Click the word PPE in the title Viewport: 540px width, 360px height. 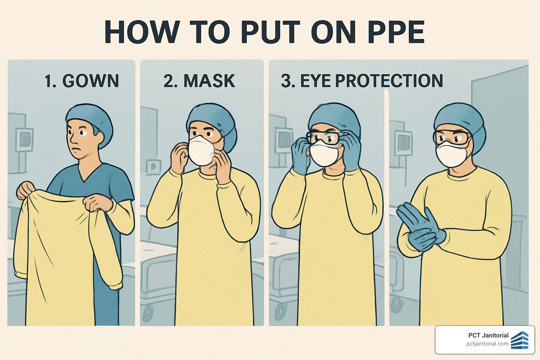(396, 32)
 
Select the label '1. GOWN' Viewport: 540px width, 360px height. (82, 81)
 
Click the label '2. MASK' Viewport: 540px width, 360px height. (199, 81)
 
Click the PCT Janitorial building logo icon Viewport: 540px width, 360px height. (520, 340)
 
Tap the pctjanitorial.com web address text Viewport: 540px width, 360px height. (487, 344)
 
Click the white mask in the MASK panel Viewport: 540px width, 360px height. (201, 150)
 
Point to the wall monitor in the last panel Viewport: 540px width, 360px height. (403, 142)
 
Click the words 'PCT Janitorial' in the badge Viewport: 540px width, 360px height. (488, 335)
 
